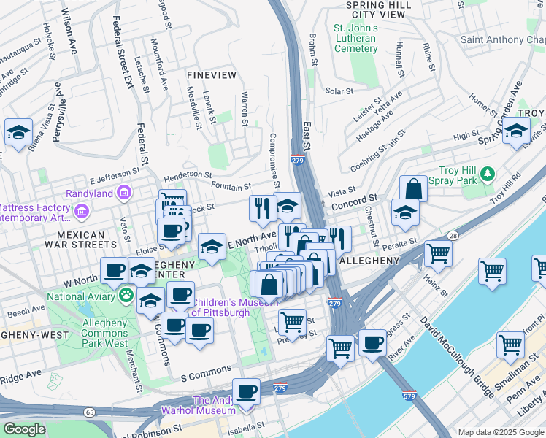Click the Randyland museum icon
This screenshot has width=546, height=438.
[x=124, y=193]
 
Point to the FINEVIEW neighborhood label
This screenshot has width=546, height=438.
[x=212, y=75]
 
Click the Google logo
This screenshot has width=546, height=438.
[x=24, y=429]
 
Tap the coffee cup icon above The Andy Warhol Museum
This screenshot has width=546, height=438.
[x=247, y=391]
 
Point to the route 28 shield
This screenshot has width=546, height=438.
[x=453, y=235]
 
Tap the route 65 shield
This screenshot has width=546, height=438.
[x=89, y=412]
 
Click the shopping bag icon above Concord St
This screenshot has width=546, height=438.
[x=413, y=188]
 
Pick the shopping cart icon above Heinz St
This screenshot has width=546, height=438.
[x=438, y=254]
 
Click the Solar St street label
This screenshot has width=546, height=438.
[x=339, y=91]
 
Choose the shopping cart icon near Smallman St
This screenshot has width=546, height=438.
[x=510, y=345]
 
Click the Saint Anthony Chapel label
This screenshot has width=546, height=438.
[x=502, y=39]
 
